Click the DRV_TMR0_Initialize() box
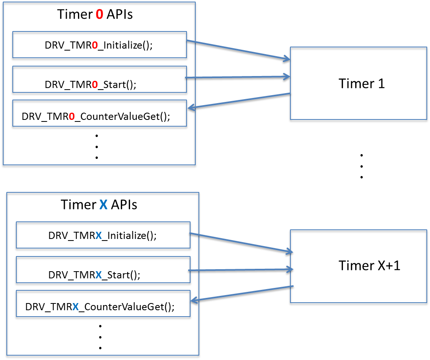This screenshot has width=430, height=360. coord(99,45)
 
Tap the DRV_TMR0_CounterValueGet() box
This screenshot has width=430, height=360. coord(99,115)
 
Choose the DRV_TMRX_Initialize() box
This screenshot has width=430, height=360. coord(103,236)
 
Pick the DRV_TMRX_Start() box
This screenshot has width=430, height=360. coord(103,271)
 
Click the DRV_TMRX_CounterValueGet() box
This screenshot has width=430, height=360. coord(103,306)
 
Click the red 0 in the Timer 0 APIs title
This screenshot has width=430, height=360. coord(99,15)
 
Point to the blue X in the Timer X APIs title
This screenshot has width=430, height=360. coord(103,205)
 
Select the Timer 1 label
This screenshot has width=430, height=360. coord(362,84)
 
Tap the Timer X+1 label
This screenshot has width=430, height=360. coord(369,266)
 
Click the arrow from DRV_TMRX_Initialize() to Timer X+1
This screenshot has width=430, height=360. coord(241,243)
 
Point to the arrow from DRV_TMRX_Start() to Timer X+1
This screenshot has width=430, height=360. coord(241,270)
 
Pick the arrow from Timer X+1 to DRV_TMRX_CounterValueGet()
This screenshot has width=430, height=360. coord(241,294)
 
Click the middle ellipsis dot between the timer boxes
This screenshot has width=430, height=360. coord(362,166)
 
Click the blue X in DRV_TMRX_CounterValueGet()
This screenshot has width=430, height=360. coord(76,307)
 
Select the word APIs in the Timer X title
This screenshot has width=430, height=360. coord(124,205)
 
